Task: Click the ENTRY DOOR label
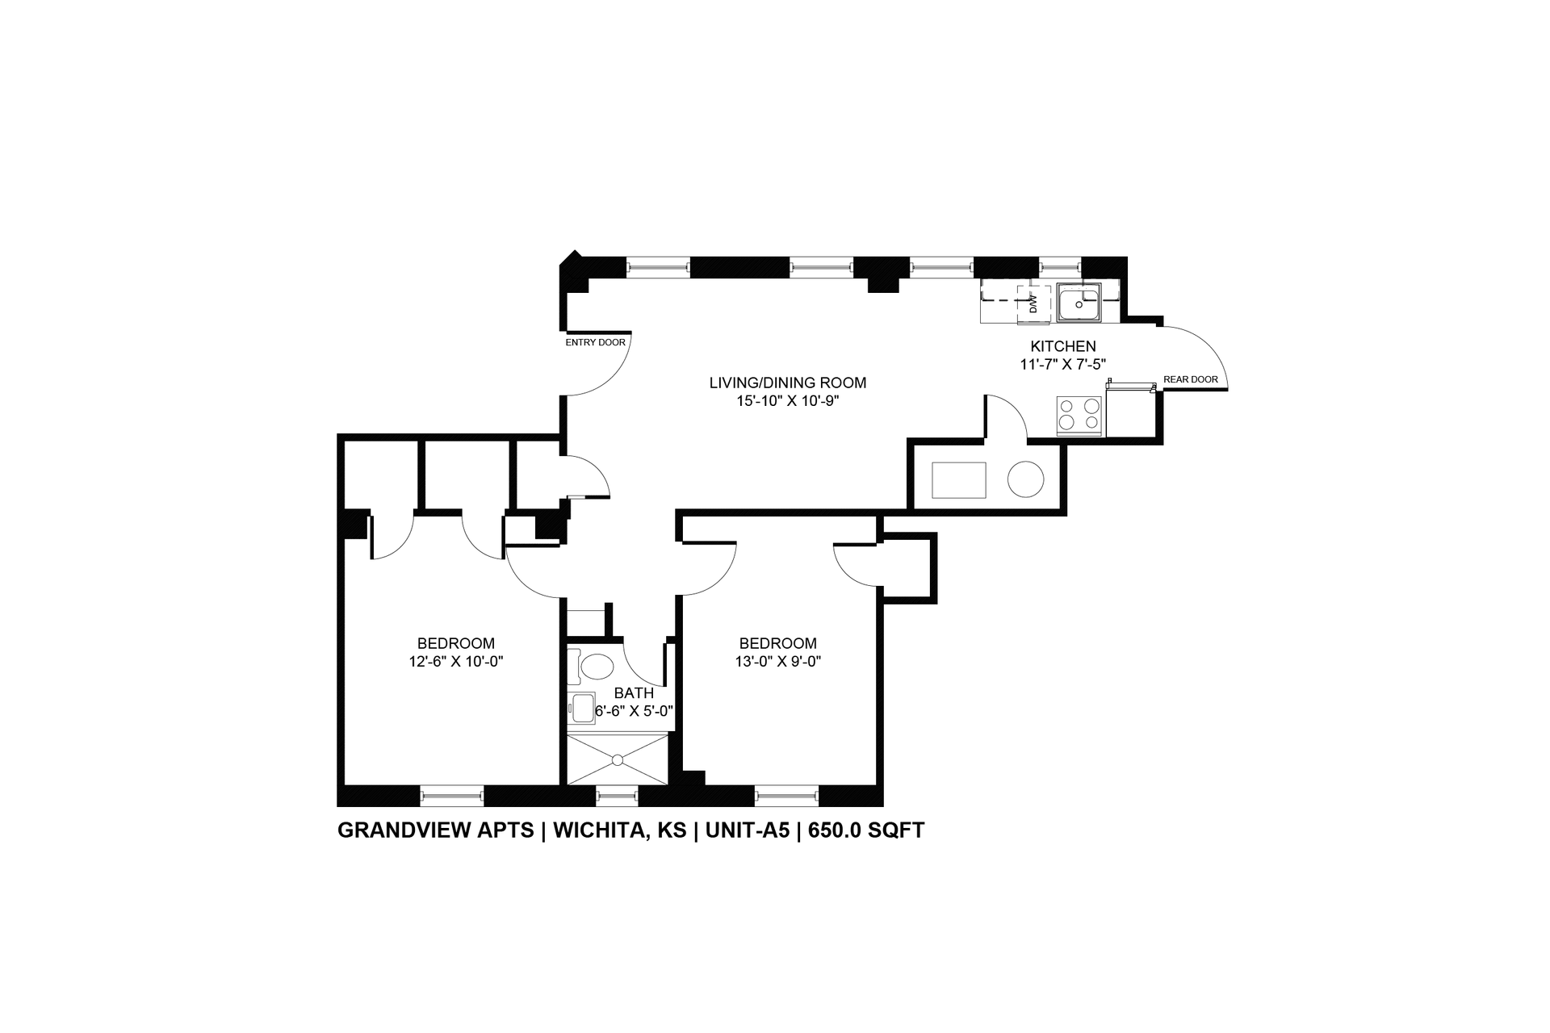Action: pyautogui.click(x=595, y=342)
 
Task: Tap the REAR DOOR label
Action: pyautogui.click(x=1190, y=379)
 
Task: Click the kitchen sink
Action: pyautogui.click(x=1079, y=303)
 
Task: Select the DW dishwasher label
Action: pyautogui.click(x=1033, y=304)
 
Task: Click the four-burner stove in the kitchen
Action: pyautogui.click(x=1079, y=415)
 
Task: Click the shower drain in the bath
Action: pyautogui.click(x=618, y=759)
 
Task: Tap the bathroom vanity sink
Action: pyautogui.click(x=580, y=710)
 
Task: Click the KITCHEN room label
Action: pyautogui.click(x=1062, y=346)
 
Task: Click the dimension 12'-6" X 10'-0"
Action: pyautogui.click(x=456, y=661)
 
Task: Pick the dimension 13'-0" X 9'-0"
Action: pyautogui.click(x=778, y=661)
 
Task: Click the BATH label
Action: pyautogui.click(x=634, y=692)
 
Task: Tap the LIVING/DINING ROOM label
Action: pyautogui.click(x=788, y=383)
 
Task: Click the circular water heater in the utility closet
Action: pyautogui.click(x=1025, y=479)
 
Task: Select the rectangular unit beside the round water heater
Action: pyautogui.click(x=959, y=480)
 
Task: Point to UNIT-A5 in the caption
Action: pyautogui.click(x=748, y=830)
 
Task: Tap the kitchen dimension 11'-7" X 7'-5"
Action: pyautogui.click(x=1062, y=364)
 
